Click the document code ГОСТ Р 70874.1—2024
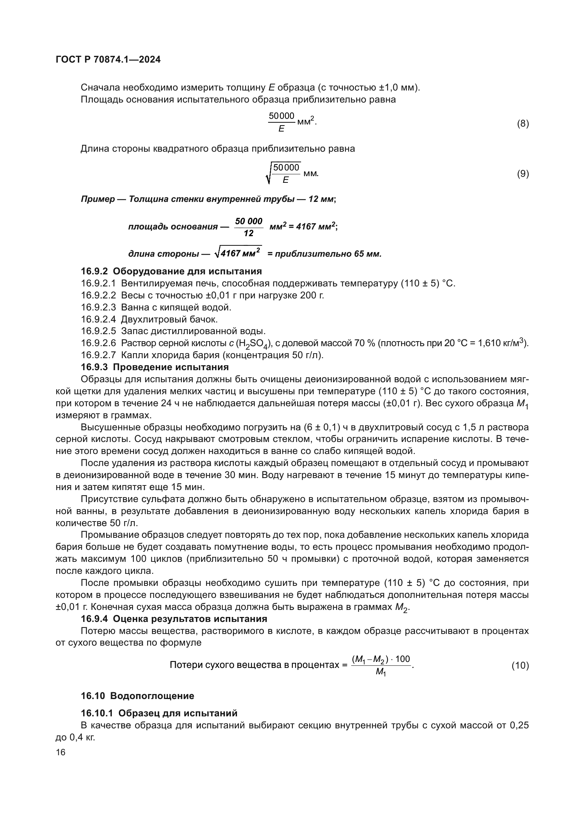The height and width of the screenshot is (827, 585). [108, 60]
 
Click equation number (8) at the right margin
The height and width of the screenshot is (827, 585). [523, 124]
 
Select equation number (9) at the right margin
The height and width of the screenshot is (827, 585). [523, 174]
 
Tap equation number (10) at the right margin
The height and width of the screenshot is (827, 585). [520, 666]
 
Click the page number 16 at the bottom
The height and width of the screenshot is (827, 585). [60, 752]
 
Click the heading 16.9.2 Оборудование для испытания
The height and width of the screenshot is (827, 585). [171, 271]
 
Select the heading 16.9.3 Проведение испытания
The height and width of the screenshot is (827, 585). [155, 367]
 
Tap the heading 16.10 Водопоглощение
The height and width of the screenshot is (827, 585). [137, 696]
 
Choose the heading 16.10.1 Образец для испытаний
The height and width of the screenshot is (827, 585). [159, 713]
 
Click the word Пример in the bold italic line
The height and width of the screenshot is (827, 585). [96, 199]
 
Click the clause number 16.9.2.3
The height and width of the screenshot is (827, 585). [98, 307]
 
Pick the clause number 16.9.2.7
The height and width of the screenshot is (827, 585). [98, 355]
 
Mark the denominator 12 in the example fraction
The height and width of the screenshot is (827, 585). [249, 233]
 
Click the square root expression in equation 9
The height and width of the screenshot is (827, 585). [284, 173]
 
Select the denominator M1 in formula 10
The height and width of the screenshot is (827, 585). [381, 672]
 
